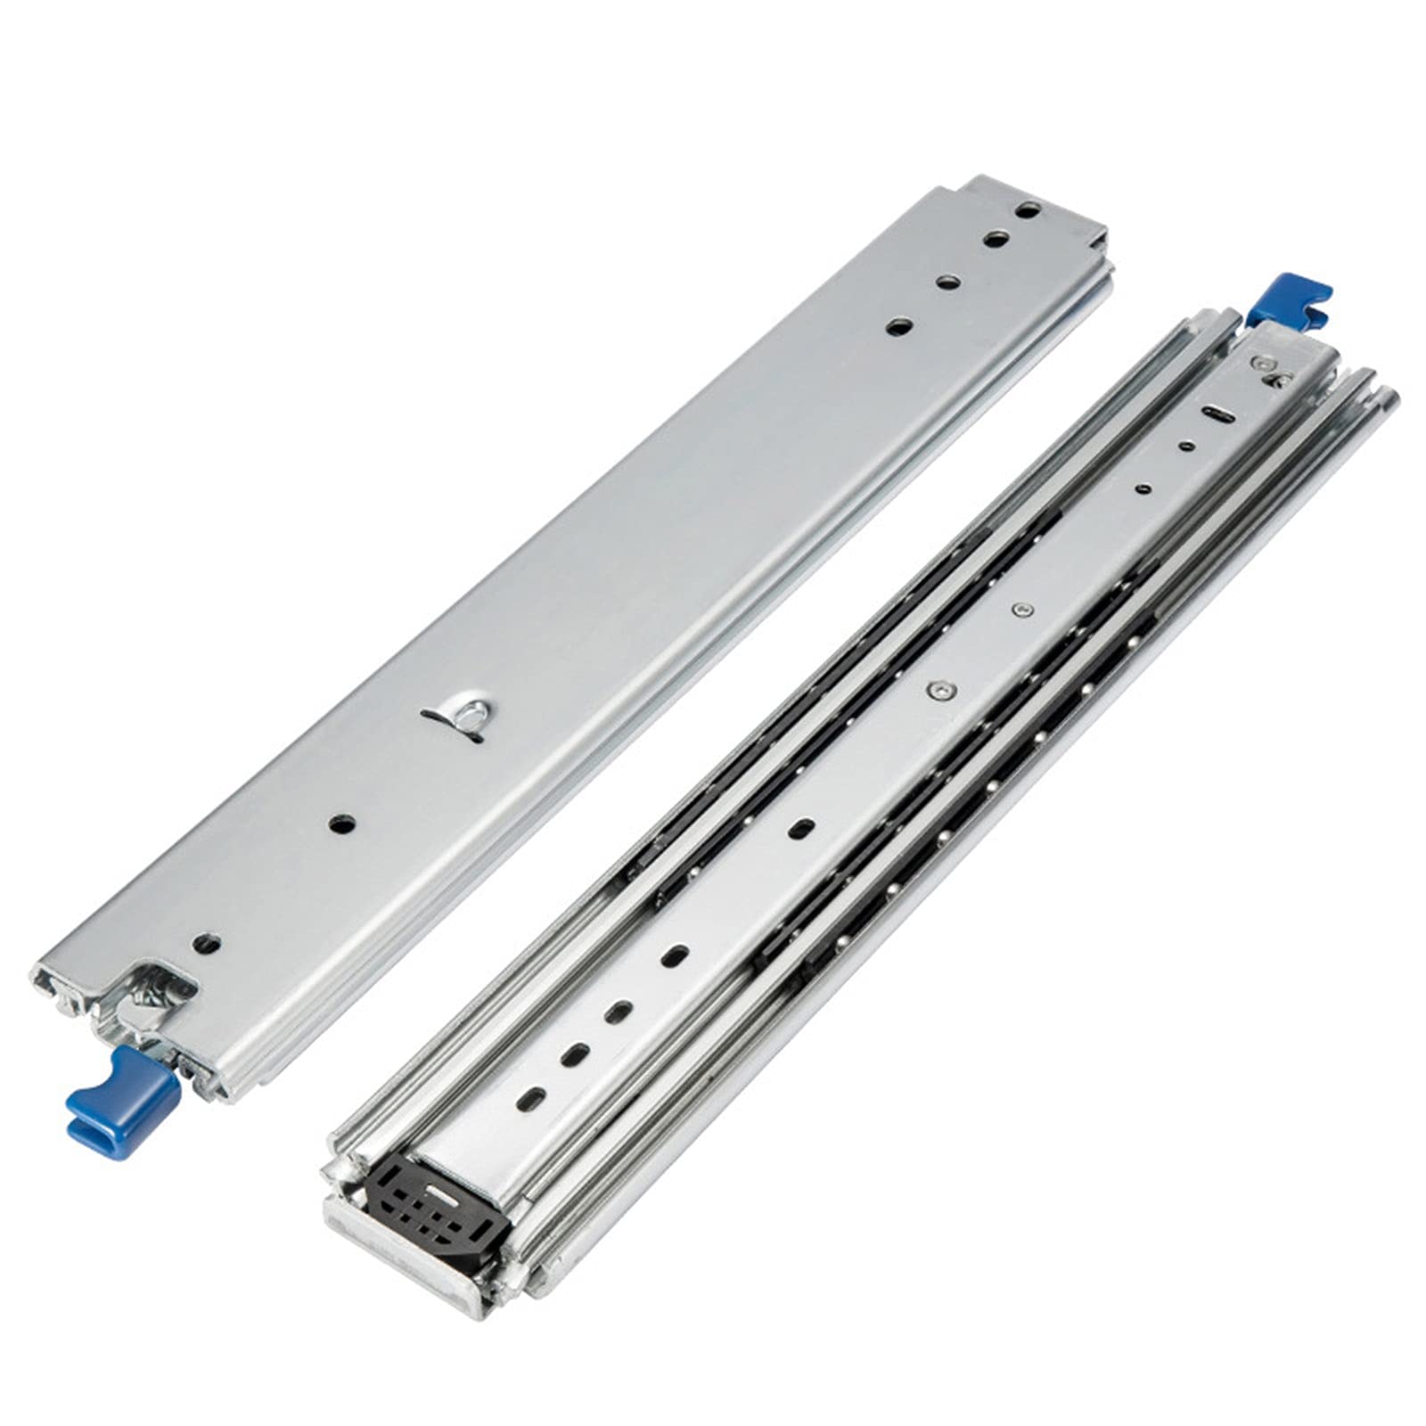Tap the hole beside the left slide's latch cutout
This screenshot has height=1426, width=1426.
tap(207, 941)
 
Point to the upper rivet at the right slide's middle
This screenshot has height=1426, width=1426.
tap(1021, 610)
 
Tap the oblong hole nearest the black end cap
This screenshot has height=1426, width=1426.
tap(534, 1098)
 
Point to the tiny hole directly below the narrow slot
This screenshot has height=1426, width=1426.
tap(1185, 445)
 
